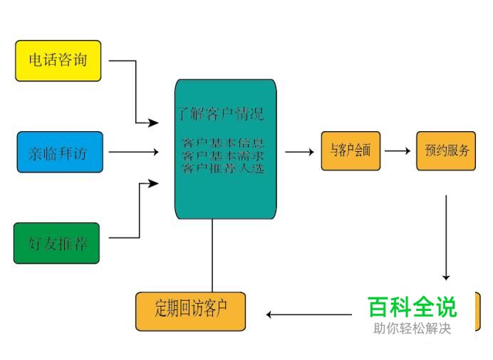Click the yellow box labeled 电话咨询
[x=58, y=61]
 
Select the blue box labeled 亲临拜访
[x=60, y=152]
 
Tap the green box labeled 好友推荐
[x=57, y=243]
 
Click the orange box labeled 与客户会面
[x=351, y=151]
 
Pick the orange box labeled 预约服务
[x=446, y=151]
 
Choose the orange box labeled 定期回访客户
[x=190, y=311]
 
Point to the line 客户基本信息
[x=224, y=143]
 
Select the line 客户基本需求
[x=224, y=155]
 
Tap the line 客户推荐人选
[x=224, y=168]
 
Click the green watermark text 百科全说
[x=412, y=307]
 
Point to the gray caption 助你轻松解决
[x=412, y=329]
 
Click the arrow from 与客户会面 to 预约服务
[x=398, y=151]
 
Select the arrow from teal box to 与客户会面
[x=299, y=151]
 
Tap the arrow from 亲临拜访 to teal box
[x=133, y=152]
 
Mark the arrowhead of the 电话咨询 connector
[x=153, y=123]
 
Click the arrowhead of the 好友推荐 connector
[x=153, y=184]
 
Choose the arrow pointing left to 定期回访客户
[x=310, y=314]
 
